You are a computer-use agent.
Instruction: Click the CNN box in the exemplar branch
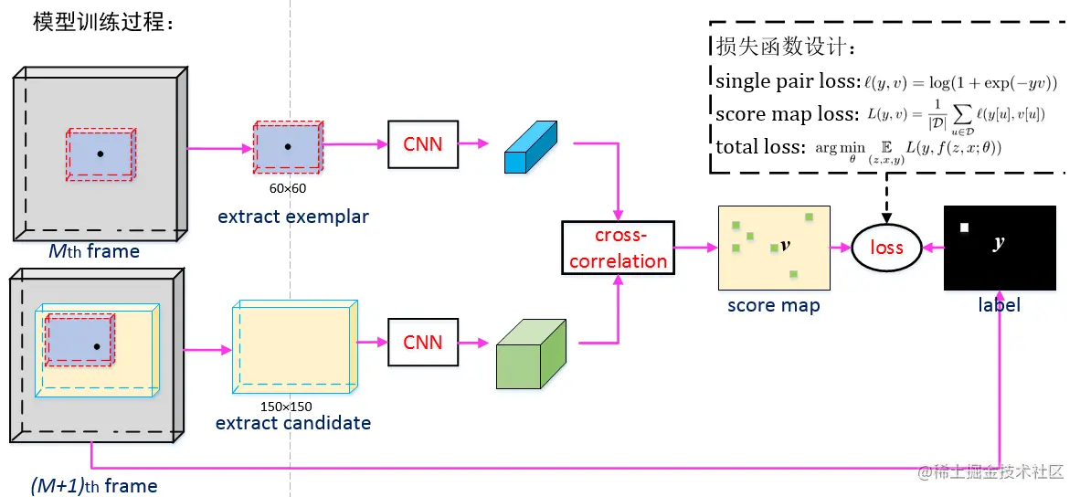422,143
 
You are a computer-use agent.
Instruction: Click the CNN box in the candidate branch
422,342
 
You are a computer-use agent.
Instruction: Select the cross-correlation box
618,248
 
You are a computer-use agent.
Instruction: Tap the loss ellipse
885,248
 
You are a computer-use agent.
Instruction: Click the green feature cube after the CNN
532,354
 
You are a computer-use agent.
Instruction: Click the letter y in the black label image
999,243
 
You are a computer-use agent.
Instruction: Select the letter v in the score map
784,247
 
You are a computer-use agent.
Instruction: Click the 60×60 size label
287,188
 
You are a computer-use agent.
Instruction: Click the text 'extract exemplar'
293,217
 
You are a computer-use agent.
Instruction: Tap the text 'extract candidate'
293,423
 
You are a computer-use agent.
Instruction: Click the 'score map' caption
773,305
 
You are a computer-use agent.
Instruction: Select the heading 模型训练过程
102,23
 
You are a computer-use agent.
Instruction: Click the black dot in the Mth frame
100,153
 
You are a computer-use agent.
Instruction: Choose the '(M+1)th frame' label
93,486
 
